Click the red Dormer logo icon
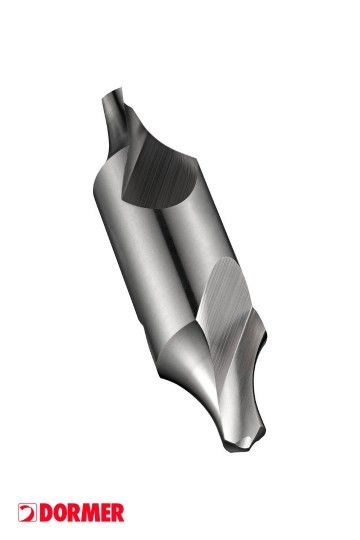tap(28, 512)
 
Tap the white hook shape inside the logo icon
tap(28, 512)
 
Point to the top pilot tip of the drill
tap(112, 93)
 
